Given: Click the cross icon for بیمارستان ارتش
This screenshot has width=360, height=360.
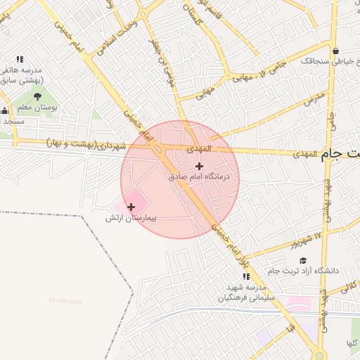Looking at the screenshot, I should (x=131, y=207).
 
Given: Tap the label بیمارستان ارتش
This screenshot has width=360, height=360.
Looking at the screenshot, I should (x=131, y=219).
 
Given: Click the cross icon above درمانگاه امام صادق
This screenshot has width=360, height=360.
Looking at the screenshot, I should (x=199, y=167).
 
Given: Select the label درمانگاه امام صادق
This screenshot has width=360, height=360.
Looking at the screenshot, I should (x=199, y=178).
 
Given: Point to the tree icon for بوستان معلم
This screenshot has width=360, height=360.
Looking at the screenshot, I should (x=37, y=96).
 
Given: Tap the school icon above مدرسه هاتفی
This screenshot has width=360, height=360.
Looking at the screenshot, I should (x=20, y=60).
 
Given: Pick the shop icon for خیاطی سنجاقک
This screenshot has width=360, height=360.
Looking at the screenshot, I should (x=337, y=51).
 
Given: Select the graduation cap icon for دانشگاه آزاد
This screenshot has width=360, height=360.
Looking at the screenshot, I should (x=303, y=260).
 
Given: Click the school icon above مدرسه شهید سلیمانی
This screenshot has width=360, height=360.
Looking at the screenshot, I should (x=246, y=277).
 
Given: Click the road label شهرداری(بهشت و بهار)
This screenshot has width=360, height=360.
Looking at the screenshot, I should (x=88, y=143).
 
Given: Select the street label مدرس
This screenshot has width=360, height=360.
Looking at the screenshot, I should (x=316, y=100).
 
